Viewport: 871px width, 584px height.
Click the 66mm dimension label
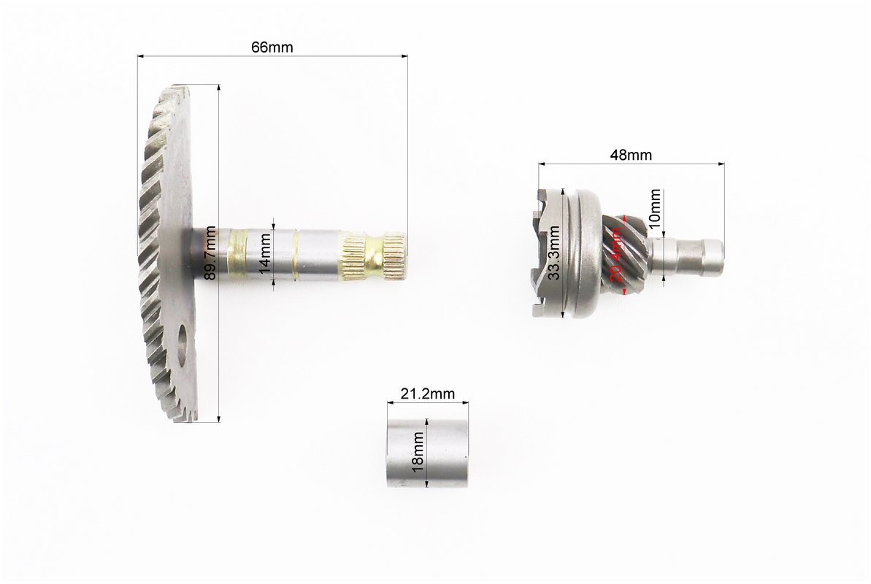coord(272,47)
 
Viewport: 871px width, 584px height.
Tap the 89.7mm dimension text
coord(210,253)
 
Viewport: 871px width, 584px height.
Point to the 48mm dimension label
coord(631,155)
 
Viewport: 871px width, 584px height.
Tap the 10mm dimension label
coord(655,206)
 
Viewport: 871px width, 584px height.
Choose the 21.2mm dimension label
coord(428,393)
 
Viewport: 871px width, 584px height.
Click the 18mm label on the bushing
coord(418,452)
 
